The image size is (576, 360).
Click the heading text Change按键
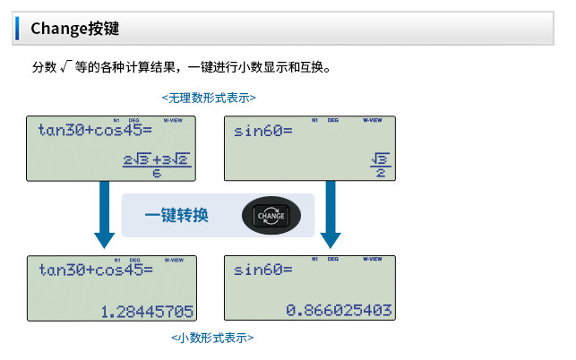74,28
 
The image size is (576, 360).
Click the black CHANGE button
271,216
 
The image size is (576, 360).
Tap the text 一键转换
176,216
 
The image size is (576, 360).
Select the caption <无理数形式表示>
208,97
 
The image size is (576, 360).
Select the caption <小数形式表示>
212,338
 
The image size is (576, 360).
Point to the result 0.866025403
339,310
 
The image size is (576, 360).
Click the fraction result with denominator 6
157,164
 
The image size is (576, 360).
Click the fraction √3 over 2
380,165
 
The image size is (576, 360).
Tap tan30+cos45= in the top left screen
96,131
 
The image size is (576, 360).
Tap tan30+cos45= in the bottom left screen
96,270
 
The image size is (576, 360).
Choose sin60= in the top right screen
263,131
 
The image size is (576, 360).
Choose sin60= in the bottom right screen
263,270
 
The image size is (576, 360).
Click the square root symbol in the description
65,67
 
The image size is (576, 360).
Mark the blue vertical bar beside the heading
16,28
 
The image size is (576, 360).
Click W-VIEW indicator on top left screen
176,120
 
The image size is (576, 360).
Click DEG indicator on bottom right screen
333,259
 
